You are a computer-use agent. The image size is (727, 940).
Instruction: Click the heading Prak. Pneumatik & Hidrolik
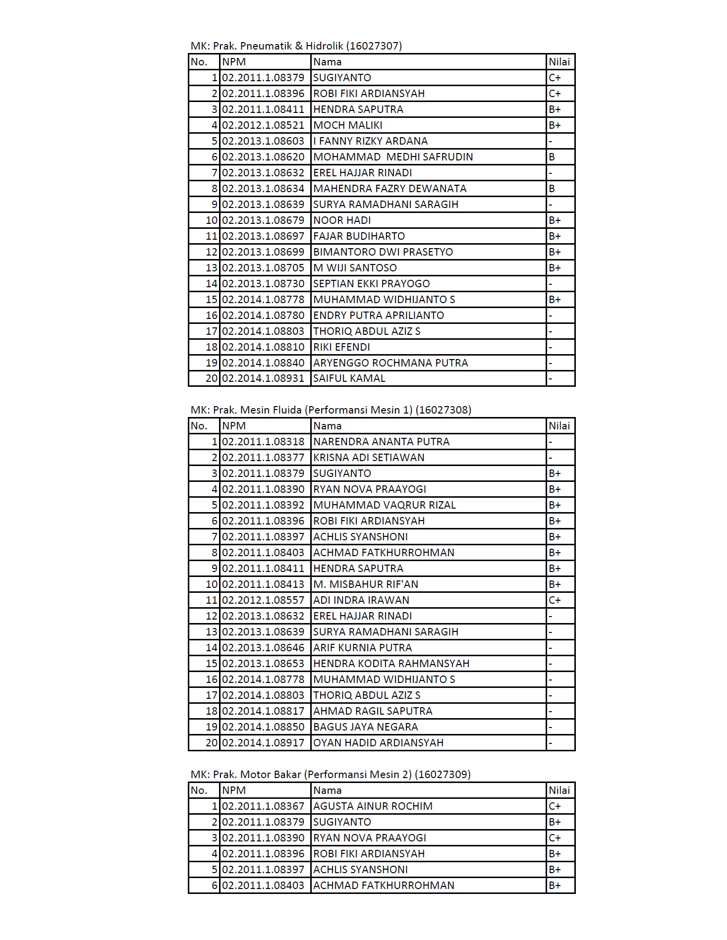pyautogui.click(x=296, y=46)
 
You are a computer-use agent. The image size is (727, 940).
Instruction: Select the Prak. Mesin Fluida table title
pyautogui.click(x=331, y=410)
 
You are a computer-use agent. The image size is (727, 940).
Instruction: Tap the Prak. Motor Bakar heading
pyautogui.click(x=330, y=775)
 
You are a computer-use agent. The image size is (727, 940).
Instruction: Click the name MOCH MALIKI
pyautogui.click(x=348, y=125)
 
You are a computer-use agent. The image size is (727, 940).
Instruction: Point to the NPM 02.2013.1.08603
pyautogui.click(x=263, y=141)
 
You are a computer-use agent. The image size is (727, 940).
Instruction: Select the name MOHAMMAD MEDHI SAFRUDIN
pyautogui.click(x=393, y=157)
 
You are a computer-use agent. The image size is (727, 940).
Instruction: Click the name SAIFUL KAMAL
pyautogui.click(x=349, y=378)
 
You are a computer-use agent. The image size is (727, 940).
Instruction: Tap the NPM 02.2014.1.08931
pyautogui.click(x=263, y=378)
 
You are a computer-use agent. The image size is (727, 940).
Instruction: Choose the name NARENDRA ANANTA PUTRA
pyautogui.click(x=381, y=442)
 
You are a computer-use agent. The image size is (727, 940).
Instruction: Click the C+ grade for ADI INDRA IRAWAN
pyautogui.click(x=555, y=600)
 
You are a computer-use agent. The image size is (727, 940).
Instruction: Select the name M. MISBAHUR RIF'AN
pyautogui.click(x=366, y=584)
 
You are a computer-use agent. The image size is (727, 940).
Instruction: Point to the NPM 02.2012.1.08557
pyautogui.click(x=263, y=600)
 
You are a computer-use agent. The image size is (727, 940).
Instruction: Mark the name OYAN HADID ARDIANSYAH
pyautogui.click(x=378, y=743)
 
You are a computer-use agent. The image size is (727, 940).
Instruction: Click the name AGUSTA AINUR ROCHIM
pyautogui.click(x=373, y=806)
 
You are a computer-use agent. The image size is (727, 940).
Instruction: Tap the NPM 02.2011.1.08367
pyautogui.click(x=263, y=806)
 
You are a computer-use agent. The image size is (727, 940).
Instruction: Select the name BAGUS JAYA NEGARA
pyautogui.click(x=366, y=727)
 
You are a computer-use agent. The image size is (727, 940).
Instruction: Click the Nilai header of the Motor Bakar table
pyautogui.click(x=559, y=790)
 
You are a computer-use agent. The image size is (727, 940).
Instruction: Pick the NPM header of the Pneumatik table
pyautogui.click(x=234, y=62)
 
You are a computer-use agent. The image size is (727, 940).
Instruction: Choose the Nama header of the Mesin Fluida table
pyautogui.click(x=327, y=426)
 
